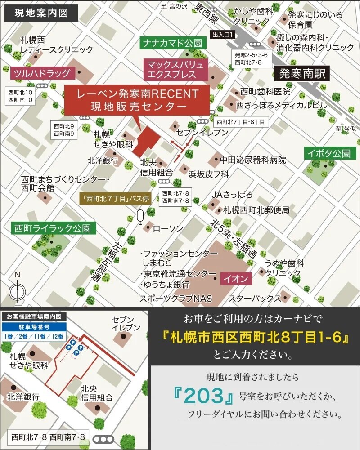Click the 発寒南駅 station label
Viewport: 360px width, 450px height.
[x=302, y=73]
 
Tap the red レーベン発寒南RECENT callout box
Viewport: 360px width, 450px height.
[x=138, y=100]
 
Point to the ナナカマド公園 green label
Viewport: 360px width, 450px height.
[x=172, y=43]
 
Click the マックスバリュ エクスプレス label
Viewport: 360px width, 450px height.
[x=176, y=69]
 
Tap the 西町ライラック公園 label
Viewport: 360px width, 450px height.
[x=54, y=228]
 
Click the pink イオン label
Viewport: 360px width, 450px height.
[x=235, y=279]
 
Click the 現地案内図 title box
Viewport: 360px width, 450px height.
[x=41, y=13]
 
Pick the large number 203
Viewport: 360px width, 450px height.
[x=205, y=396]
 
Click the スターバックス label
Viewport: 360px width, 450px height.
[x=255, y=298]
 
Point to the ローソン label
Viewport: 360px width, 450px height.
[x=168, y=228]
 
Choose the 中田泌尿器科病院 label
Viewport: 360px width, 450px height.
[x=252, y=160]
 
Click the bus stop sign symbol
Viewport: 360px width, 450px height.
[x=140, y=217]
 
